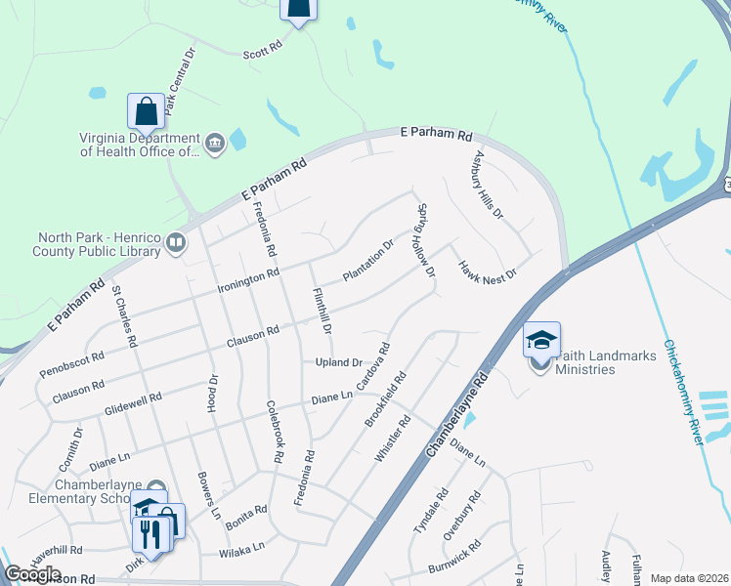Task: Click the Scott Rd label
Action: coord(262,46)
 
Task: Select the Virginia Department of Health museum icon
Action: coord(215,145)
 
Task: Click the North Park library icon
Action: coord(176,242)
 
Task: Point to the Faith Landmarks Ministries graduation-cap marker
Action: coord(541,340)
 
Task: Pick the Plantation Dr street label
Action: coord(368,261)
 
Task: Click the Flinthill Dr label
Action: coord(322,308)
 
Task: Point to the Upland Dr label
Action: coord(338,362)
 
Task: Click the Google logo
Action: coord(32,574)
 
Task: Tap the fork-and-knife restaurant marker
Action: coord(150,533)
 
